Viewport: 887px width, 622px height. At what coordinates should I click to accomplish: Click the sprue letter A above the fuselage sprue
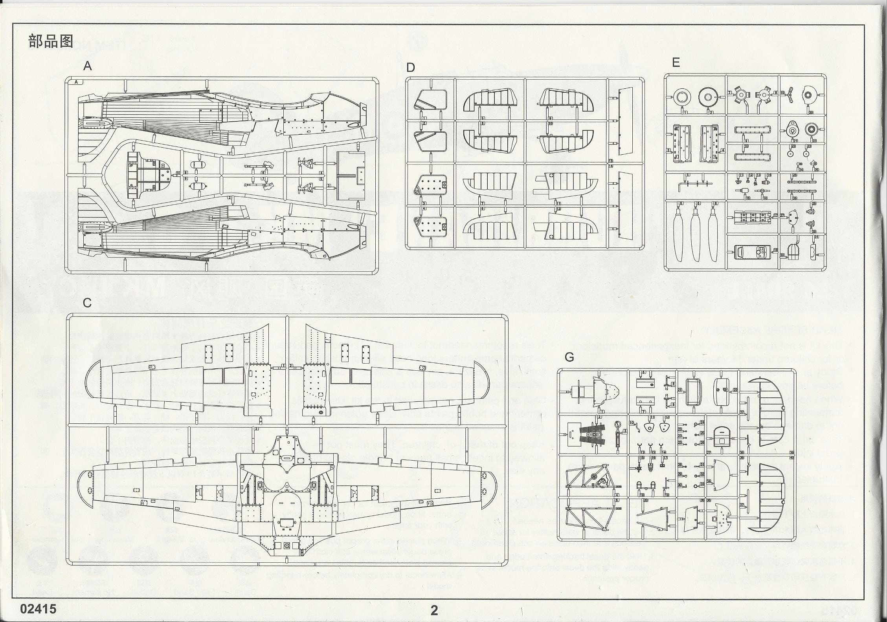coord(87,66)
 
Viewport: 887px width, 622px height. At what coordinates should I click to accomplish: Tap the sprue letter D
coord(410,68)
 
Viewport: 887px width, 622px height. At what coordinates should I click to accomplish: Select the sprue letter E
coord(676,63)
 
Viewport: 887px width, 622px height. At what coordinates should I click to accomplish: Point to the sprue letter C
coord(87,303)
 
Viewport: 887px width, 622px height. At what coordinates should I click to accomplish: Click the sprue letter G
coord(569,357)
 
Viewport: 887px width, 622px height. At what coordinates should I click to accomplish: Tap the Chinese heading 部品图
coord(51,42)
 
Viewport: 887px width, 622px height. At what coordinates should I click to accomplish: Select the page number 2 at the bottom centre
coord(434,610)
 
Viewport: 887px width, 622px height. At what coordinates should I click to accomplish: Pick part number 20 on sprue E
coord(810,112)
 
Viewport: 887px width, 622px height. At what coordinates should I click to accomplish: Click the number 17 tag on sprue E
coord(775,216)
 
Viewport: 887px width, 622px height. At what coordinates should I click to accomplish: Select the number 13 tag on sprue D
coord(610,161)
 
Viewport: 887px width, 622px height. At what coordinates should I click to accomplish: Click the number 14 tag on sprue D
coord(610,166)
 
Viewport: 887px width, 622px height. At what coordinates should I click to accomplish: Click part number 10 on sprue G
coord(632,423)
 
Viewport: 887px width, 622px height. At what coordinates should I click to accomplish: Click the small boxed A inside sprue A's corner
coord(76,82)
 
